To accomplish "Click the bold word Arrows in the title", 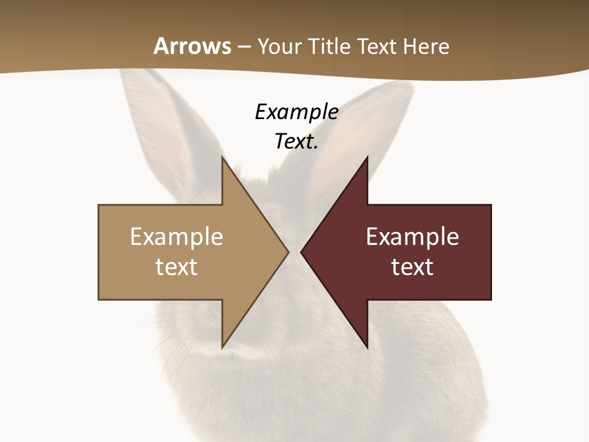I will click(193, 46).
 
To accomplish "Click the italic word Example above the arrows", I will click(296, 112).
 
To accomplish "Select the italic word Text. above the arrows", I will click(296, 142).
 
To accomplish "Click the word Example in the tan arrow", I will click(177, 237).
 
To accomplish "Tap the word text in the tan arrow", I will click(177, 266).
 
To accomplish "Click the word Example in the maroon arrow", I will click(412, 237).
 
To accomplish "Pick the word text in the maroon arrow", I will click(412, 266).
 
